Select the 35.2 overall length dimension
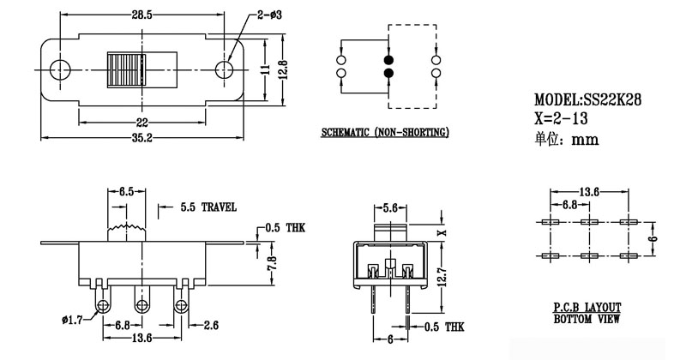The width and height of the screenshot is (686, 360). tap(143, 140)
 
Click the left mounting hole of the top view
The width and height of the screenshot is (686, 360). tap(61, 69)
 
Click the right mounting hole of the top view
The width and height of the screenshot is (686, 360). tap(225, 69)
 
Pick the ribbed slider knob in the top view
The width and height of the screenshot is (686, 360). tap(126, 69)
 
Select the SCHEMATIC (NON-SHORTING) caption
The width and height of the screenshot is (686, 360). tap(385, 134)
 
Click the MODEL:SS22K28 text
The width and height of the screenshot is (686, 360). tap(587, 100)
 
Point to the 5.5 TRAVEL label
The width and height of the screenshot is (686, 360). tap(208, 207)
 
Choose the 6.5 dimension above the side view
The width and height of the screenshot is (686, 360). tap(125, 190)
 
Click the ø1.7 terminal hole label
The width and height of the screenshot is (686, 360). tap(73, 322)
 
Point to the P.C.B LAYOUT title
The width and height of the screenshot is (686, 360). tap(587, 307)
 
